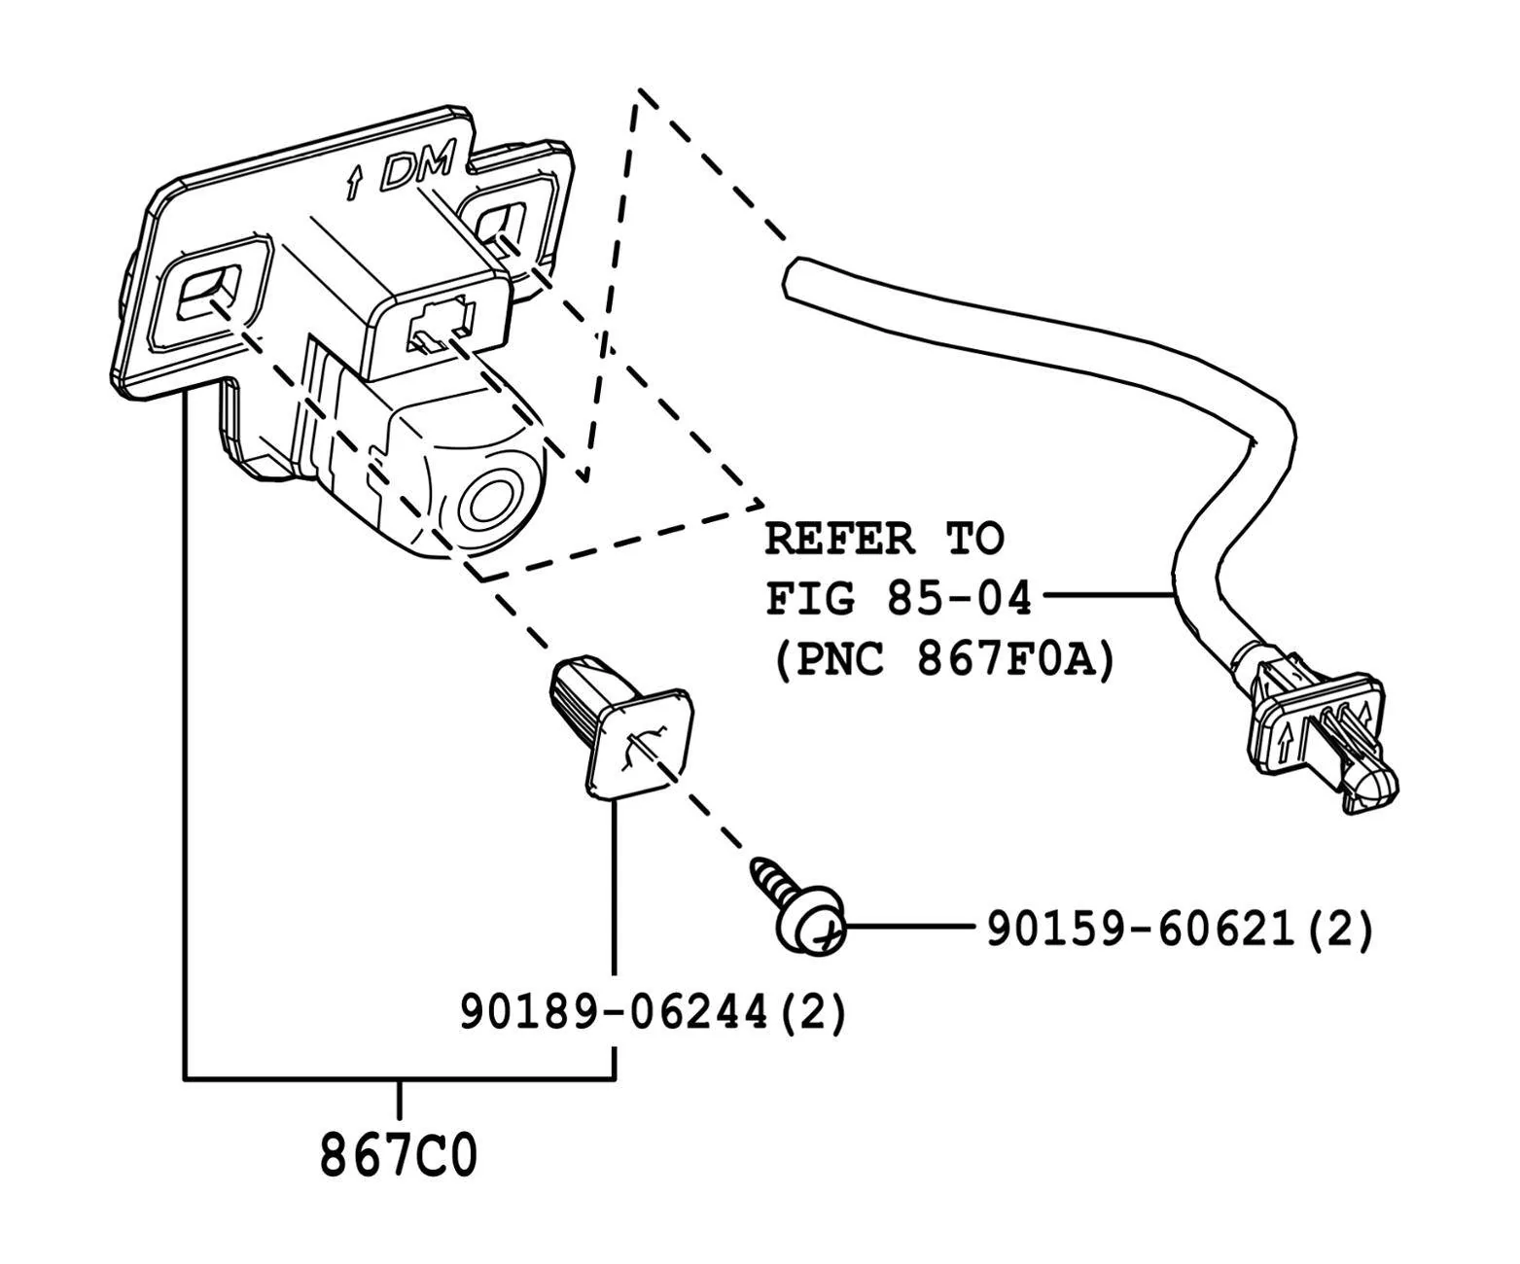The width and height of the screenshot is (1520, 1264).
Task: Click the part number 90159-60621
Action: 1141,930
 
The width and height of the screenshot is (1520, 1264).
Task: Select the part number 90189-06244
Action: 614,1012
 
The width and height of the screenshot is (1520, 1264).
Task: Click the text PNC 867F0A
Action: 945,660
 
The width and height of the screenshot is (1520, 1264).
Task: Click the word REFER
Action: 839,540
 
